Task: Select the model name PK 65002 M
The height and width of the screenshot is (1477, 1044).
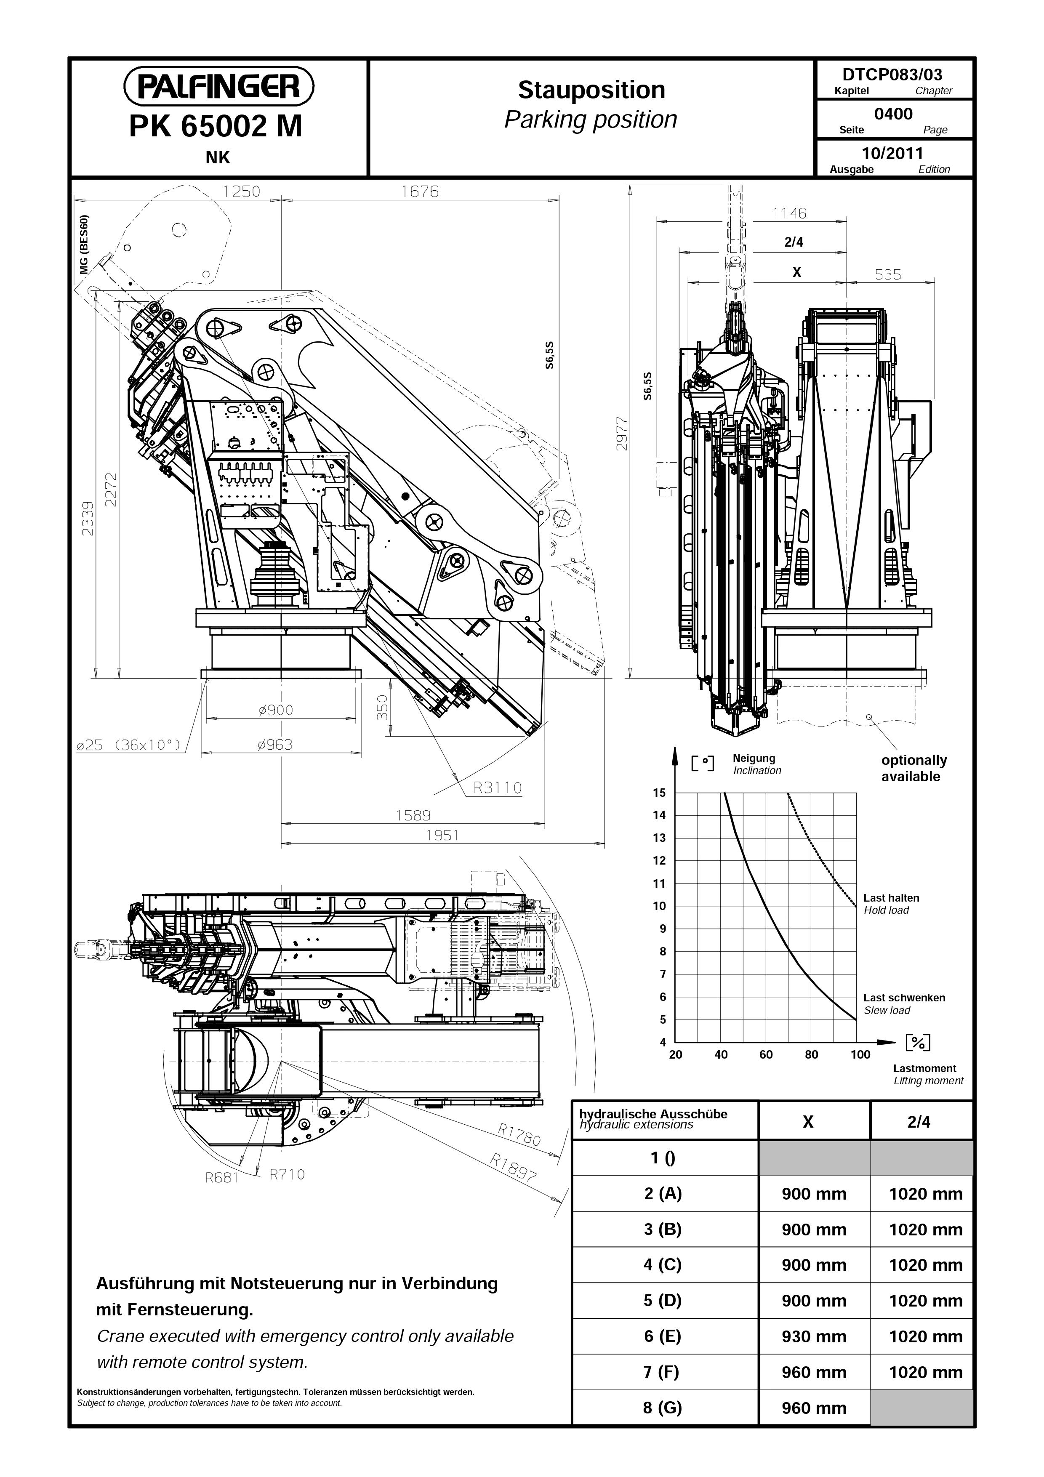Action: click(x=216, y=126)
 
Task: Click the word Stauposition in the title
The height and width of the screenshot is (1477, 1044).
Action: click(x=591, y=90)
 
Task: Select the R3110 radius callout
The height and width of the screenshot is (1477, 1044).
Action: click(x=497, y=788)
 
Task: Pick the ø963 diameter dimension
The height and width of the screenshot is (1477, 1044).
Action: click(x=274, y=745)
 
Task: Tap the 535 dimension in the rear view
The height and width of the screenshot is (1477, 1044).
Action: click(x=888, y=275)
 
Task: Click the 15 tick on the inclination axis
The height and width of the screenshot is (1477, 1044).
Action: click(x=659, y=793)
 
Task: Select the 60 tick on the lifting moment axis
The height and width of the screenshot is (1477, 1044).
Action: click(x=766, y=1054)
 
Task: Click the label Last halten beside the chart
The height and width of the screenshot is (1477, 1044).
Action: click(x=891, y=898)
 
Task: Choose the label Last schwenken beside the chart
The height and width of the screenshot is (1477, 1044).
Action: click(x=904, y=998)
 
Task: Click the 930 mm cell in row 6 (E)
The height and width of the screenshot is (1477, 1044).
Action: click(x=814, y=1337)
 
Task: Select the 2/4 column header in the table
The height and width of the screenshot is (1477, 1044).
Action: click(x=919, y=1122)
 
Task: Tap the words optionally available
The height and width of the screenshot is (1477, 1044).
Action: click(x=914, y=768)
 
